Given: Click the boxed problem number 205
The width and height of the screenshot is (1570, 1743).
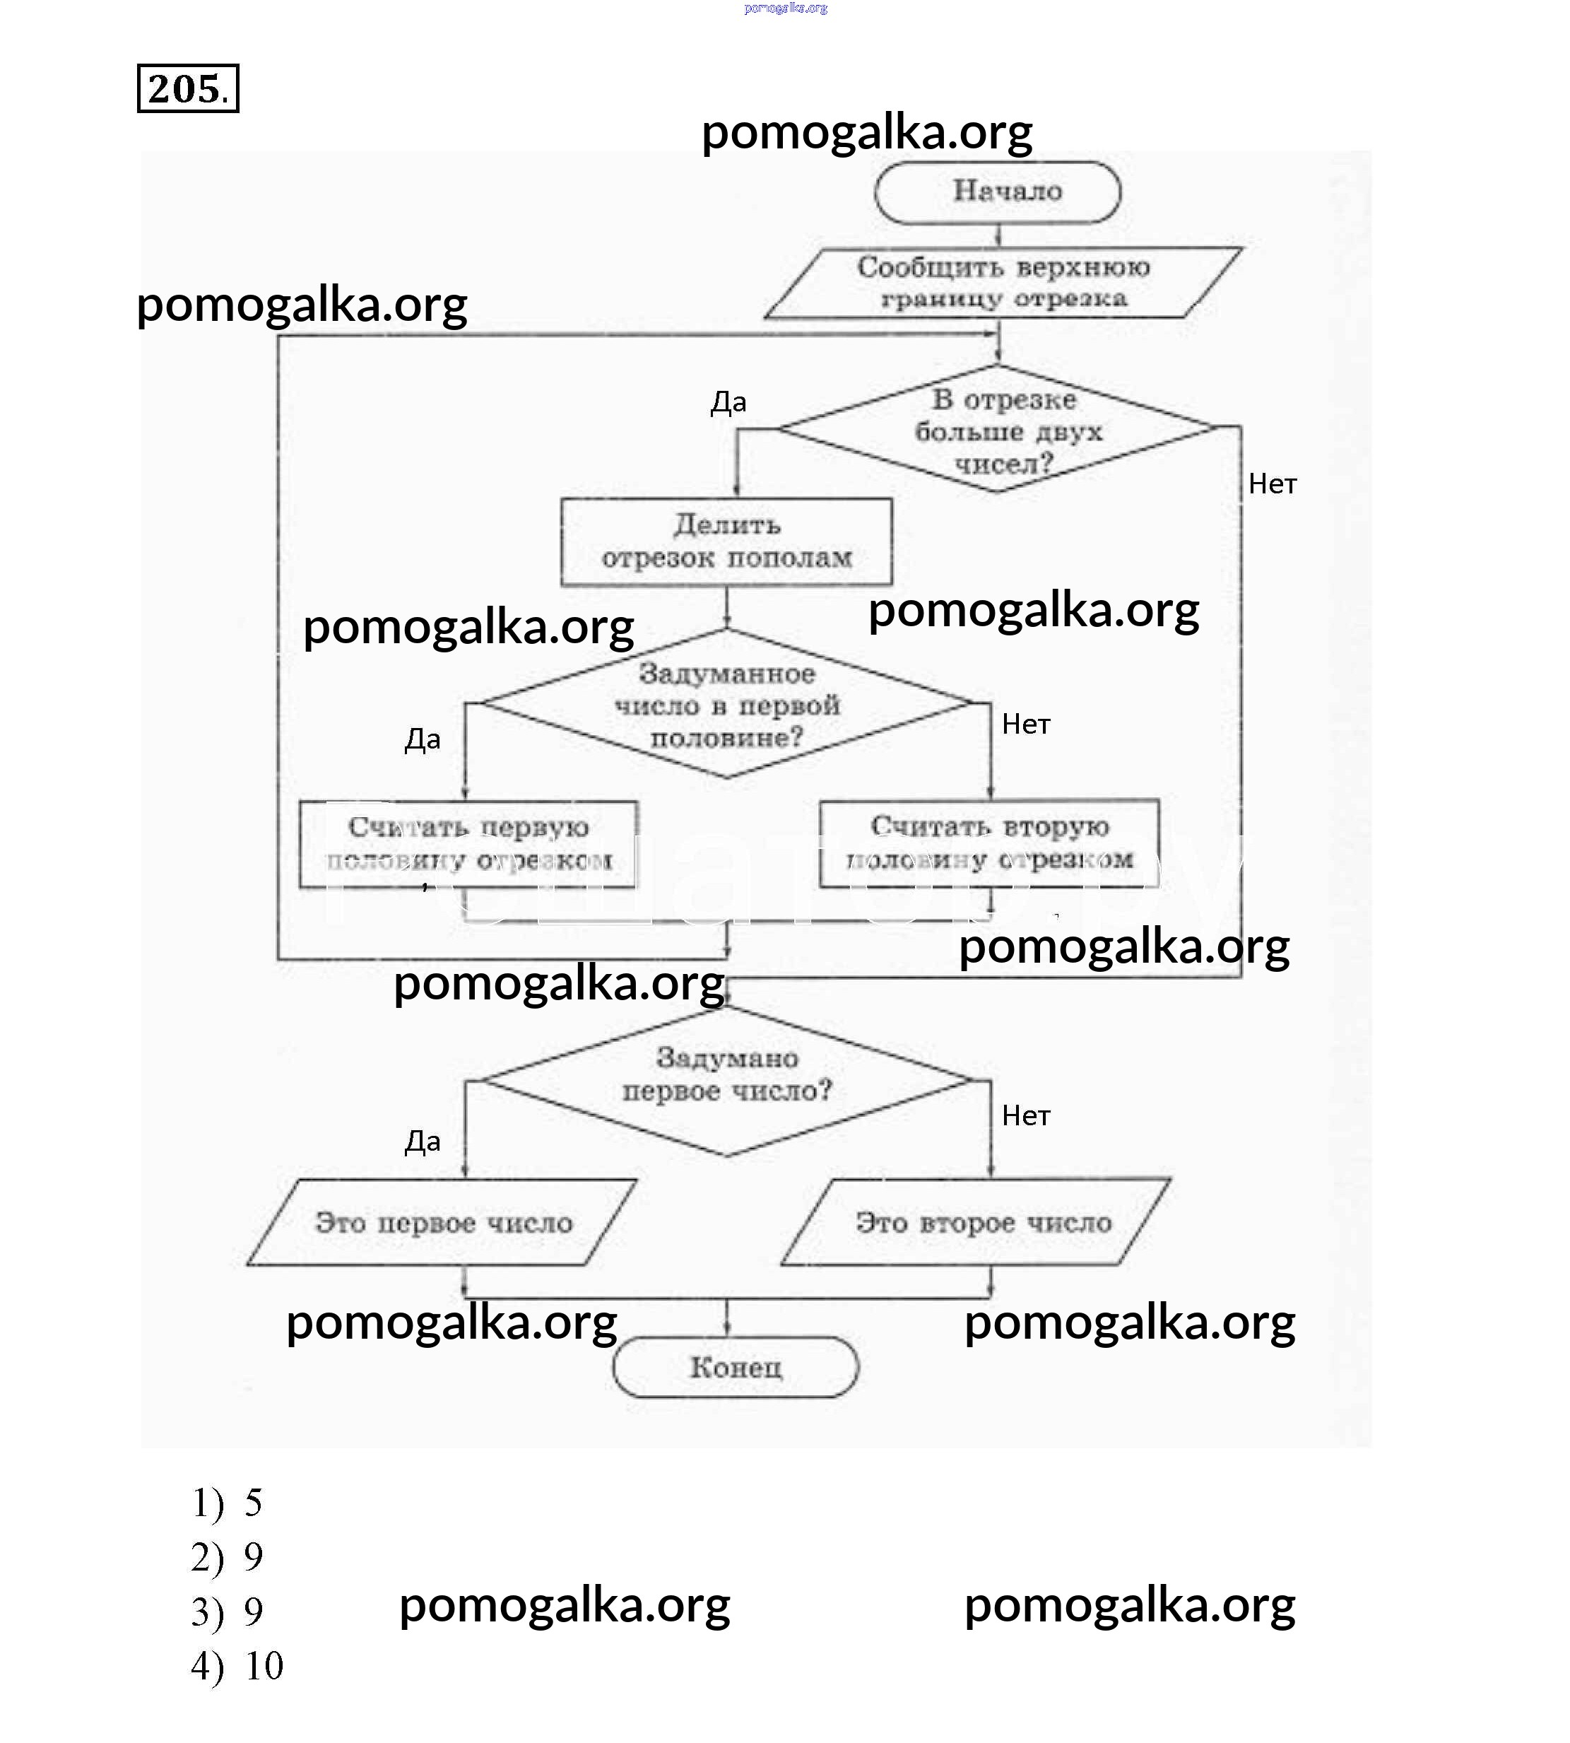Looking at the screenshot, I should [187, 88].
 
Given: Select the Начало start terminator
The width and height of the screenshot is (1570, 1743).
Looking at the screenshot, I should [998, 192].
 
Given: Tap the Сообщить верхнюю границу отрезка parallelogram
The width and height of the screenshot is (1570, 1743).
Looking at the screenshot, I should [1003, 283].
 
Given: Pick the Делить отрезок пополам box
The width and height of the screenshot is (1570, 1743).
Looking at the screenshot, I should [726, 542].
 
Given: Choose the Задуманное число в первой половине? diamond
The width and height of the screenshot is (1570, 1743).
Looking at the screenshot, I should [726, 704].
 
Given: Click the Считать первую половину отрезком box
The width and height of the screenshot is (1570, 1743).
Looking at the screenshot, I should [468, 844].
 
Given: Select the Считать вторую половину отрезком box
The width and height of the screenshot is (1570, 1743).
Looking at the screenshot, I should [989, 843].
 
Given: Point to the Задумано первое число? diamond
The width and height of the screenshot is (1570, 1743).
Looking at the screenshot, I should [726, 1079].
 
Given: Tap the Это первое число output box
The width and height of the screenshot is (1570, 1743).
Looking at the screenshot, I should [442, 1223].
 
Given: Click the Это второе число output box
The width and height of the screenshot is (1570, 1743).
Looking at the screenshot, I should [976, 1223].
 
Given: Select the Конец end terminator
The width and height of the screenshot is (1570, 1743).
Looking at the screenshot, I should [736, 1367].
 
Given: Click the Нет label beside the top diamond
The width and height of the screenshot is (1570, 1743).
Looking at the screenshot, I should [1273, 484].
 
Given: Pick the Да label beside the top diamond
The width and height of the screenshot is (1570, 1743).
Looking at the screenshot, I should [728, 402].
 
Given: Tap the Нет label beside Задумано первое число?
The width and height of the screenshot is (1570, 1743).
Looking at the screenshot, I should [1026, 1115].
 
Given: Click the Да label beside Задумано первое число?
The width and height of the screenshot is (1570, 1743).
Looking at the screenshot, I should [423, 1142].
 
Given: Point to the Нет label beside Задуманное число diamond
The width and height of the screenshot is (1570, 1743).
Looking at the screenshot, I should [1026, 724].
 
